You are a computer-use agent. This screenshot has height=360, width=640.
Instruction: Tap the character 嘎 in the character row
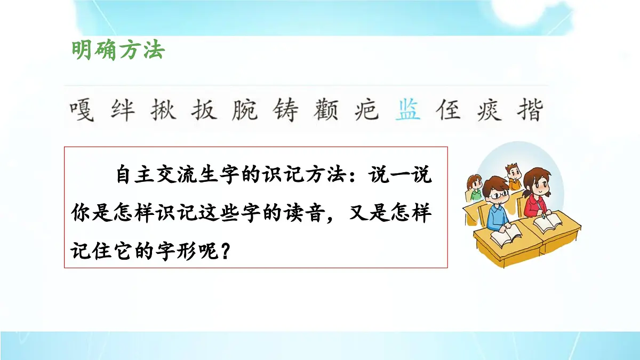pyautogui.click(x=82, y=111)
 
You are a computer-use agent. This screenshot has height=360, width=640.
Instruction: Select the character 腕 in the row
pyautogui.click(x=245, y=111)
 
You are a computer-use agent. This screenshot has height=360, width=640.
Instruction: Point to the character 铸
pyautogui.click(x=286, y=111)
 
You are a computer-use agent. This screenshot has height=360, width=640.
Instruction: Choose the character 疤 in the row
pyautogui.click(x=367, y=111)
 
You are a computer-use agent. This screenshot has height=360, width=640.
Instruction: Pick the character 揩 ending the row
pyautogui.click(x=530, y=111)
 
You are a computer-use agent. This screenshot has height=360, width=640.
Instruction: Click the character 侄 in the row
pyautogui.click(x=449, y=111)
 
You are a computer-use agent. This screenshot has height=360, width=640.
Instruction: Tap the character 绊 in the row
pyautogui.click(x=122, y=111)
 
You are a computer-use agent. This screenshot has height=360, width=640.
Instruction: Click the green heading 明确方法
pyautogui.click(x=118, y=51)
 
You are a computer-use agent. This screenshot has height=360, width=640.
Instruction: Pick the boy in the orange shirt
pyautogui.click(x=514, y=177)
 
